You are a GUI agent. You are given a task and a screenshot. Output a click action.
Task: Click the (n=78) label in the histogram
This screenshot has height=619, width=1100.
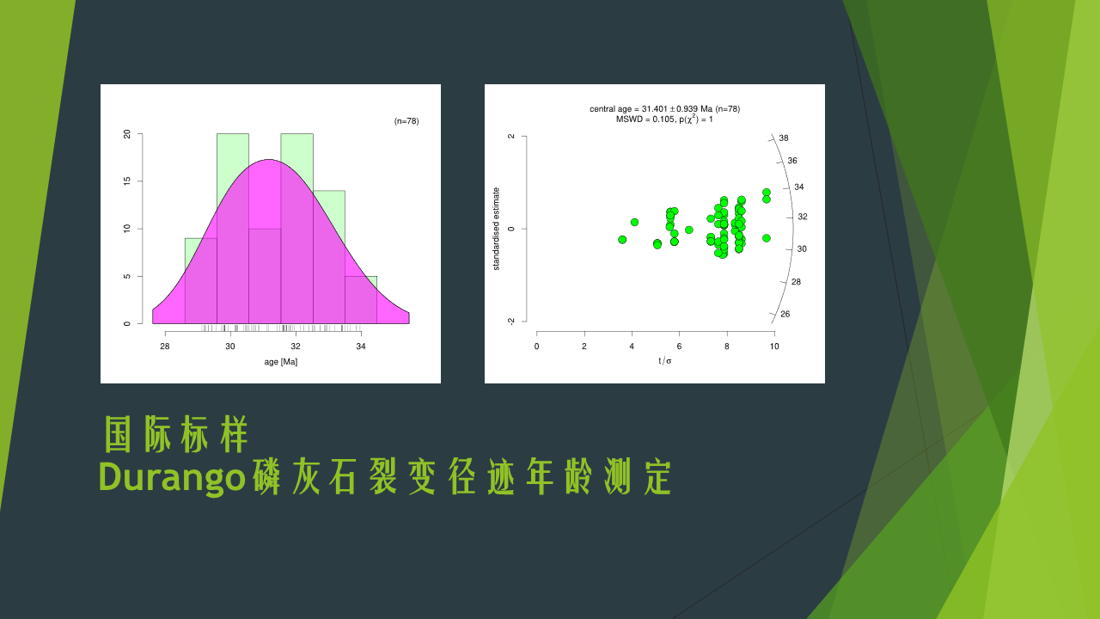point(406,121)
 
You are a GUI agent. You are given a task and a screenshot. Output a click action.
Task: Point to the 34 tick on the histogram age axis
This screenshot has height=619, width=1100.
point(361,346)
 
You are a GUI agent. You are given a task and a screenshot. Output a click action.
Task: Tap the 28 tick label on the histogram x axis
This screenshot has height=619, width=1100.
point(165,346)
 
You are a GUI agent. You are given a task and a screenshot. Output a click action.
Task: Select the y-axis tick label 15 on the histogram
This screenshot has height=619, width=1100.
point(127,181)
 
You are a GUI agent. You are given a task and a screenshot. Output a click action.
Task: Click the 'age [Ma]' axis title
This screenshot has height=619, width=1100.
point(281,362)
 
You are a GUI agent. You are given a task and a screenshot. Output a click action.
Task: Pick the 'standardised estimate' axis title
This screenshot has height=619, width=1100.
point(496,229)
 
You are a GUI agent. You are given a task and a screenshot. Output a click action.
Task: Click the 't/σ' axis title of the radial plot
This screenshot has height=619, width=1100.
point(665,361)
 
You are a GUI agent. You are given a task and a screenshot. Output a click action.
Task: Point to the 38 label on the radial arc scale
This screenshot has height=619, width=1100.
point(784,138)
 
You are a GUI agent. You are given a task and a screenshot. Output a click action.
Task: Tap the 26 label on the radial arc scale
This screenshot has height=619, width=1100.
point(785,315)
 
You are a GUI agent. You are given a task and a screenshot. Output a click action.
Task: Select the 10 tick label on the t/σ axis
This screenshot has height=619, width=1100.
point(774,346)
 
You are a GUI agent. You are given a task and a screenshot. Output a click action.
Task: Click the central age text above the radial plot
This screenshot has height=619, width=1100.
point(664,109)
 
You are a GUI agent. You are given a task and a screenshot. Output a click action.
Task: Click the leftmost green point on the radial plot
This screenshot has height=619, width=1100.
point(622,240)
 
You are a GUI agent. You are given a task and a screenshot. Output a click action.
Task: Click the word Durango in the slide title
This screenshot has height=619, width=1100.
point(172,477)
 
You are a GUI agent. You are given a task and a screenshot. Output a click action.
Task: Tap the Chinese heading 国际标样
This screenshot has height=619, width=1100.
point(176,435)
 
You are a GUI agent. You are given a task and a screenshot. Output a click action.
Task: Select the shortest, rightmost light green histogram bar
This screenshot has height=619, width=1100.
point(361,300)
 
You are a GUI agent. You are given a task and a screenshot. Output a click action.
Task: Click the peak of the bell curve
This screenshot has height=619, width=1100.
point(269,159)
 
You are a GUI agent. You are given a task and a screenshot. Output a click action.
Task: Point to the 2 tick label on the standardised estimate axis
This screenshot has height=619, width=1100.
point(511,136)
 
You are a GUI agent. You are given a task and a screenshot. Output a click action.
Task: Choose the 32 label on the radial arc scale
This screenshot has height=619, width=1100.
point(803,217)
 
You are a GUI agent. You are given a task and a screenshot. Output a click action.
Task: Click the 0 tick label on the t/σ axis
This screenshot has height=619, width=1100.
point(537,346)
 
